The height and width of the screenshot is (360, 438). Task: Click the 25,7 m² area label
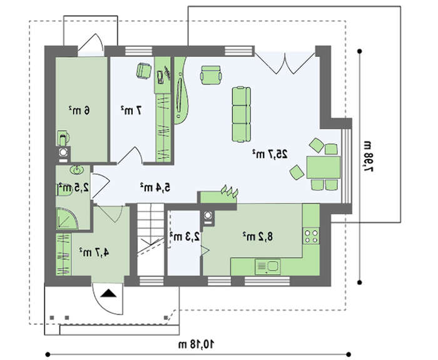[270, 154]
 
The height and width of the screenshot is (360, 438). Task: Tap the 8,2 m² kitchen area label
[257, 237]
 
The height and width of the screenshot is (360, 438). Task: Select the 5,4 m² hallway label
[155, 187]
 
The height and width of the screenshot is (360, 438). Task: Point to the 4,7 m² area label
[94, 252]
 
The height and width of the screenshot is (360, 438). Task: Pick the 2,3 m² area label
[185, 237]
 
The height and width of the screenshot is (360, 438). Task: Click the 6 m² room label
[79, 110]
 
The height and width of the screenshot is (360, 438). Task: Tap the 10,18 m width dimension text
[196, 344]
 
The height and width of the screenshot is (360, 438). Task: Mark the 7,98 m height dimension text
[369, 157]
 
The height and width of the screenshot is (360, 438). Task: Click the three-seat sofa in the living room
[241, 115]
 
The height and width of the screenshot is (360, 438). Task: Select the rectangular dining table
[323, 167]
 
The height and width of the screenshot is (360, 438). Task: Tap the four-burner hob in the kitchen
[311, 236]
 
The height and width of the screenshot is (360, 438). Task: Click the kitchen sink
[268, 267]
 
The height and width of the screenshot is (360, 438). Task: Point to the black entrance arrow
[108, 293]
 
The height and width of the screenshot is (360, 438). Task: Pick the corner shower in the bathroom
[67, 219]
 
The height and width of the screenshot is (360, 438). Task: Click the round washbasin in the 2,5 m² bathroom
[76, 170]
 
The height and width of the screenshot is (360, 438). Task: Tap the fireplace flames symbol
[230, 190]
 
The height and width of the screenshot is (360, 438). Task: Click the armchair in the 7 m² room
[144, 71]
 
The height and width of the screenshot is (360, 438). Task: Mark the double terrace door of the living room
[285, 63]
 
